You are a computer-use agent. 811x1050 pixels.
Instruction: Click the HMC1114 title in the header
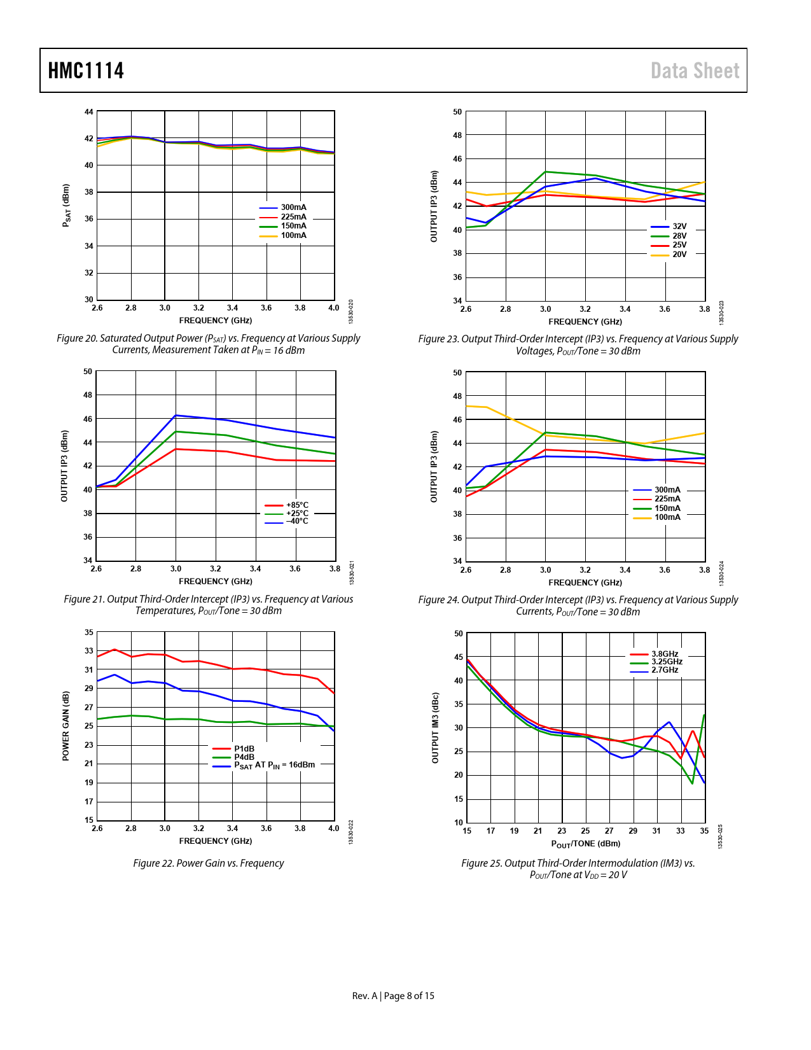point(86,71)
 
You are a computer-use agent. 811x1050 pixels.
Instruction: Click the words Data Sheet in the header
point(695,71)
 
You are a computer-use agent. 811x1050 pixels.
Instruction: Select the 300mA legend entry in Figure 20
point(293,207)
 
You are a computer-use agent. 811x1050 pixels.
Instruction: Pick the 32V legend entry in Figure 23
point(679,227)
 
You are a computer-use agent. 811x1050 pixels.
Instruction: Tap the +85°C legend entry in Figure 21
point(296,505)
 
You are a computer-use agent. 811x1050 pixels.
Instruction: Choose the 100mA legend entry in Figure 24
point(667,517)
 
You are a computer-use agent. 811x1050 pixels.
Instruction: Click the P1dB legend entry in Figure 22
point(244,749)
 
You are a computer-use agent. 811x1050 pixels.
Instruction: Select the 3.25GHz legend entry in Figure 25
point(667,662)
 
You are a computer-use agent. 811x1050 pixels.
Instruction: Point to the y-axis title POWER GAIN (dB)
point(66,726)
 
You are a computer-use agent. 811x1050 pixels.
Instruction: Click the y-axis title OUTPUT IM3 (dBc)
point(435,728)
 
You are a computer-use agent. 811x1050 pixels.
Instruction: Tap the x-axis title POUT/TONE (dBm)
point(585,844)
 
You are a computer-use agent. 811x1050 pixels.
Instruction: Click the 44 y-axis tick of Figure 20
point(88,112)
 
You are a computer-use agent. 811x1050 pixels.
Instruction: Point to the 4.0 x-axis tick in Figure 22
point(334,829)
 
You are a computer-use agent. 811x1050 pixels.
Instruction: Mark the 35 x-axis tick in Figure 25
point(704,831)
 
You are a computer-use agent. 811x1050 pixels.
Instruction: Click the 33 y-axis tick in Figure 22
point(88,651)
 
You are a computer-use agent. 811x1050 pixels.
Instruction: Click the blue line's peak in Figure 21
point(176,416)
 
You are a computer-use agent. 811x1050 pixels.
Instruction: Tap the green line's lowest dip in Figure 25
point(692,783)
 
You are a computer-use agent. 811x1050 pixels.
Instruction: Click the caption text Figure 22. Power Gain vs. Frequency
point(208,864)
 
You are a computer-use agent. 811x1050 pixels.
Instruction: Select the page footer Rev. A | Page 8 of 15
point(393,996)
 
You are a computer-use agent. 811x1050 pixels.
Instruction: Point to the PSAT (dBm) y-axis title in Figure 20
point(66,206)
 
